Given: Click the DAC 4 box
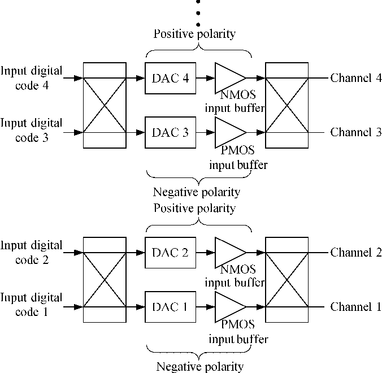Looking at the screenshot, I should (170, 78).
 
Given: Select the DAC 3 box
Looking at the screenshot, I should (170, 133).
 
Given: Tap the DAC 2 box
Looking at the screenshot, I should (170, 253).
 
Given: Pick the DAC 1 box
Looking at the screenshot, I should (170, 307).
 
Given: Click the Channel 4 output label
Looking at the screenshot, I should (356, 78).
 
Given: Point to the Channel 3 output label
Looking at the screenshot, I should (356, 133).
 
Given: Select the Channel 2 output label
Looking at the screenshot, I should (356, 253).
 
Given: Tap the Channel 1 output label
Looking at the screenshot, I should (356, 307).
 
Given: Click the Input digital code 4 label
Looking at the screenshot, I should (32, 78).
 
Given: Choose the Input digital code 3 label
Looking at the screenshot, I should (32, 129).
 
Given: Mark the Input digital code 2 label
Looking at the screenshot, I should (32, 253).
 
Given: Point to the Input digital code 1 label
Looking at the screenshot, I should (32, 304).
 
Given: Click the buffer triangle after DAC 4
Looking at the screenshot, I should (228, 78).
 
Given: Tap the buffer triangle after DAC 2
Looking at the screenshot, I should (228, 253).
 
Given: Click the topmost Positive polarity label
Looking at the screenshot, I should (194, 34).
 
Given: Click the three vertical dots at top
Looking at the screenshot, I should (198, 12).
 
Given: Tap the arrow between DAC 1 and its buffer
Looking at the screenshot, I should (206, 307).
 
